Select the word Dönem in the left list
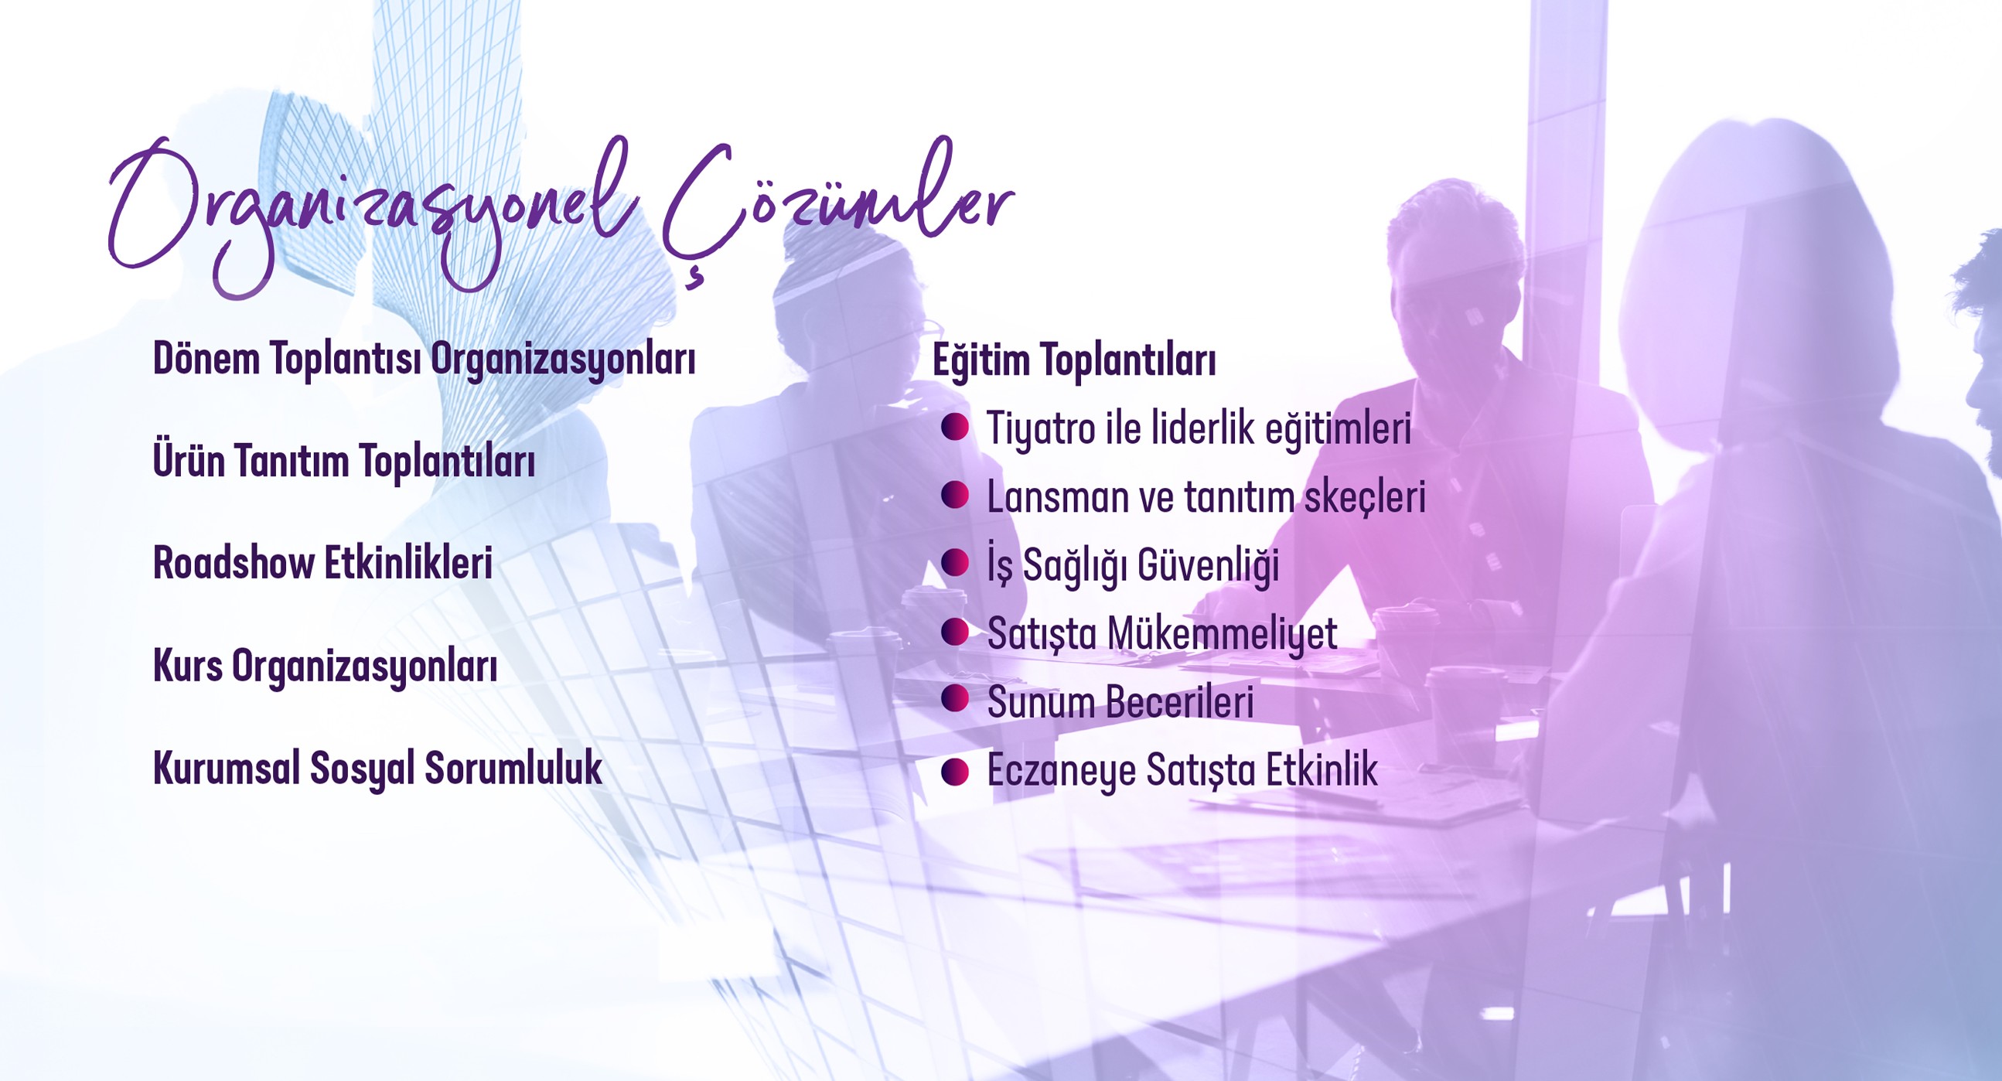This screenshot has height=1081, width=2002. point(206,359)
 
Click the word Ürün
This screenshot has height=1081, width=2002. point(189,460)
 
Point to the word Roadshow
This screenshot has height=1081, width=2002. point(234,563)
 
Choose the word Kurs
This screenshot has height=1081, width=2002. point(187,666)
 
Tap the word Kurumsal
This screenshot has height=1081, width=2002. point(226,768)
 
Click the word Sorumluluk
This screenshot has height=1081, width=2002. point(513,768)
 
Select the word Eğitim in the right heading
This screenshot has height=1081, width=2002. point(979,360)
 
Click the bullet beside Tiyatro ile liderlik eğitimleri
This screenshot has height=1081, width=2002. point(954,428)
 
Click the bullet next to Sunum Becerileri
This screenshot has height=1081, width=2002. point(954,699)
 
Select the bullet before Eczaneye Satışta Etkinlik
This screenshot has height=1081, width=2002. point(954,772)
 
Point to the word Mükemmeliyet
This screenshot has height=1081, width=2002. point(1222,634)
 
